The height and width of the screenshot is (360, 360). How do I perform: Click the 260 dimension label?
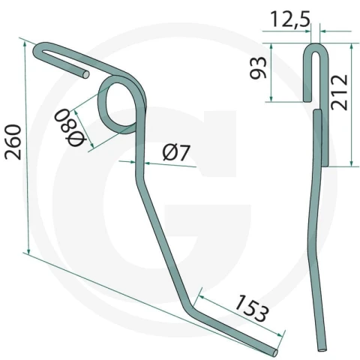pos(13,142)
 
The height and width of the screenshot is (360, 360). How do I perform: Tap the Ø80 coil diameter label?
pos(71,127)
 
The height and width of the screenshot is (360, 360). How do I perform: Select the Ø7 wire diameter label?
pos(176,152)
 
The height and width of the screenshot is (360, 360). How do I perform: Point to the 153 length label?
pos(252,308)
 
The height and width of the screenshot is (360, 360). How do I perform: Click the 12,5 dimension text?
pos(290,19)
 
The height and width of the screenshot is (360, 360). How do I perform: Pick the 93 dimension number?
pos(259,67)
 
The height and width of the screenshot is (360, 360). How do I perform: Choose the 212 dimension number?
pos(339,92)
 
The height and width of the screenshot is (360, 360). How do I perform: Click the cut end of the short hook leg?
pos(85,74)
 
